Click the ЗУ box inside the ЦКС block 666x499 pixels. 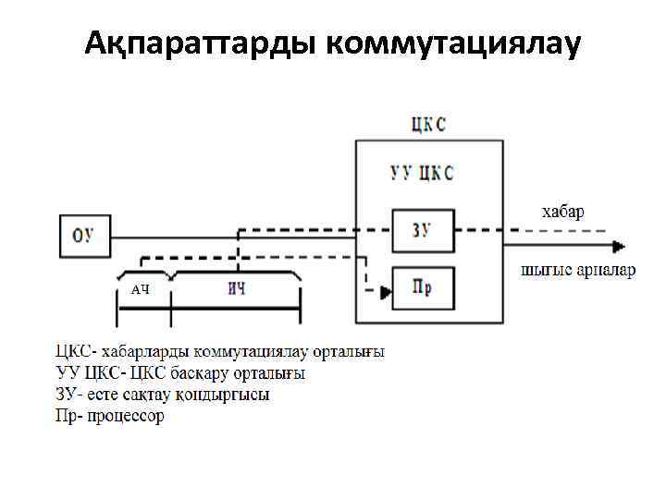pos(422,230)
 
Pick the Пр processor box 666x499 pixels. pos(422,288)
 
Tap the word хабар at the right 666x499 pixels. pos(562,211)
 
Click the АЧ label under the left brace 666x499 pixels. pos(140,289)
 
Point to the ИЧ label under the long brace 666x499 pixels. pos(237,288)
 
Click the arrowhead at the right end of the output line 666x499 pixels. pos(618,247)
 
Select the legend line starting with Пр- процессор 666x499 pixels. pos(110,416)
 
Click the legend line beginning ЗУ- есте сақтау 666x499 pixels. pos(163,395)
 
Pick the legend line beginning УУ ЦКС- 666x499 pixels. pos(180,373)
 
